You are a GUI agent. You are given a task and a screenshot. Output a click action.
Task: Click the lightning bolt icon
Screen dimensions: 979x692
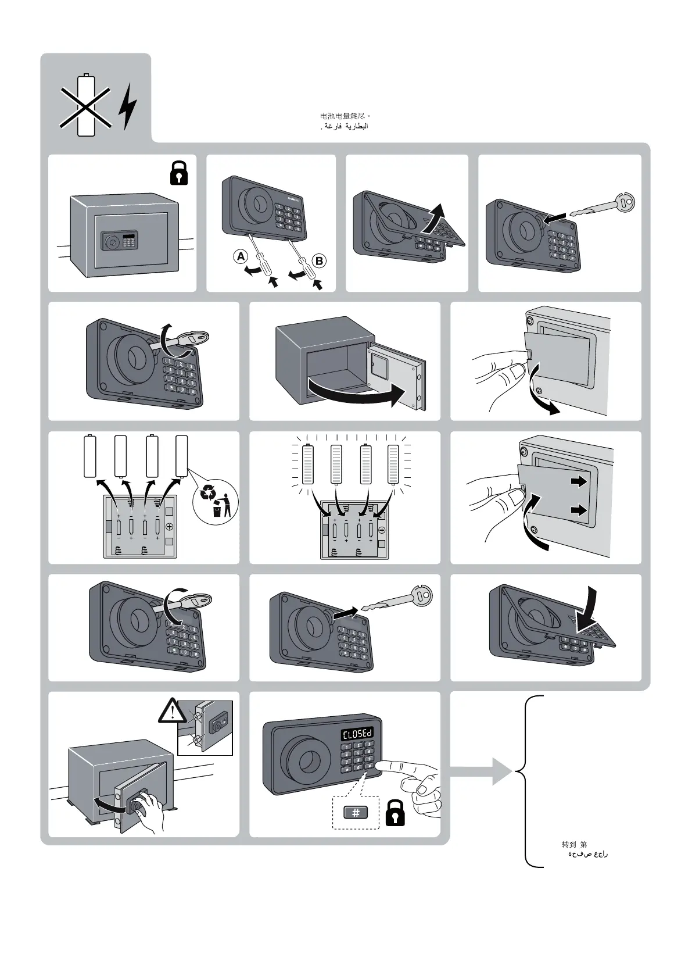pyautogui.click(x=128, y=106)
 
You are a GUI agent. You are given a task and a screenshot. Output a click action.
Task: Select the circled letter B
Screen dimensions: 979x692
pyautogui.click(x=318, y=261)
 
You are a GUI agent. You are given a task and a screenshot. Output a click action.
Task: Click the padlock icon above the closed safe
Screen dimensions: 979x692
pyautogui.click(x=179, y=173)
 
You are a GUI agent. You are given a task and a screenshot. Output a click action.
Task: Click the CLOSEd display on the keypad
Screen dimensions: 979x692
pyautogui.click(x=356, y=734)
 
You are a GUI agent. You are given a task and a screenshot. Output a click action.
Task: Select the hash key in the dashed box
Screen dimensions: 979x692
pyautogui.click(x=356, y=813)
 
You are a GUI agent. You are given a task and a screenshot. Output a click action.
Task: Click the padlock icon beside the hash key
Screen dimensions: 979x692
pyautogui.click(x=396, y=812)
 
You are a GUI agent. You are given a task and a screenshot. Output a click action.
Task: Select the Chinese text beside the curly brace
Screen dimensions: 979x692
pyautogui.click(x=574, y=844)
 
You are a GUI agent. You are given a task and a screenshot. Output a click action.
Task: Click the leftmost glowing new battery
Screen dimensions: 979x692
pyautogui.click(x=309, y=464)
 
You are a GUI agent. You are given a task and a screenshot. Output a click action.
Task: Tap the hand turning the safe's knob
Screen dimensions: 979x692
pyautogui.click(x=148, y=808)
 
